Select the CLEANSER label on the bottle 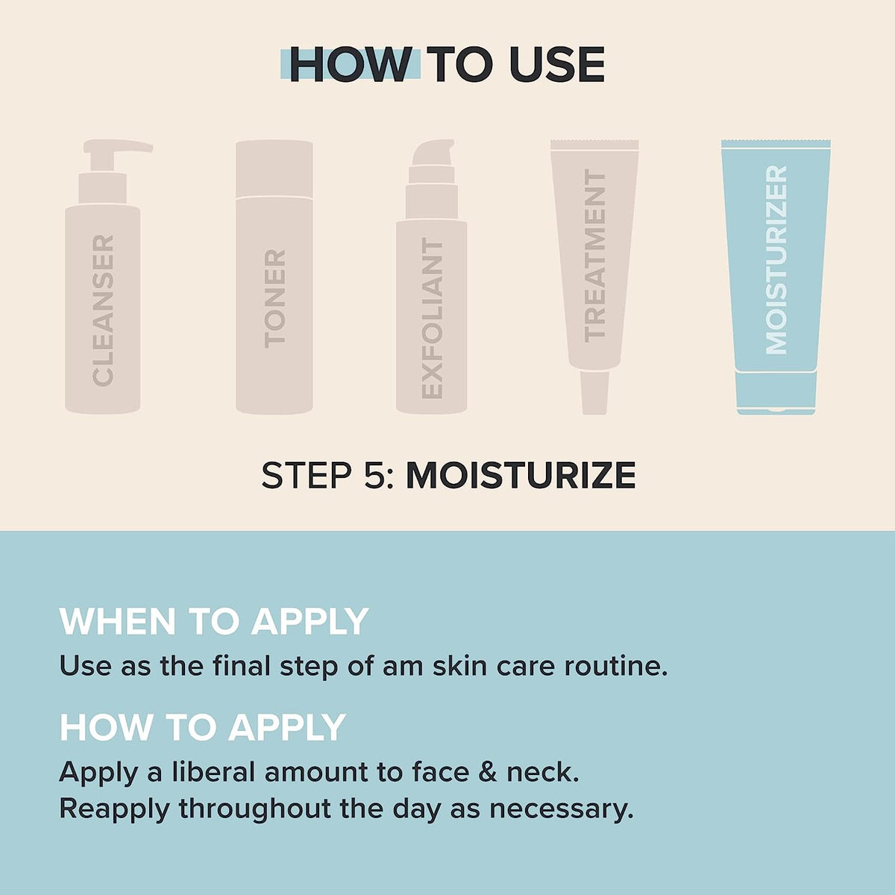click(103, 310)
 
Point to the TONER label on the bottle click(274, 298)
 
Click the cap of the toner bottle click(274, 169)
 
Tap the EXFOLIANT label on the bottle click(432, 318)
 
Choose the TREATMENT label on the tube click(594, 255)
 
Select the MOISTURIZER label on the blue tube click(776, 260)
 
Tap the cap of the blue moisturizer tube click(776, 392)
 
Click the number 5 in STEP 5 click(374, 476)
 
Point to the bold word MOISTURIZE click(521, 476)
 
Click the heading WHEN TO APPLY click(214, 621)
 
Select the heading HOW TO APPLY click(202, 727)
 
